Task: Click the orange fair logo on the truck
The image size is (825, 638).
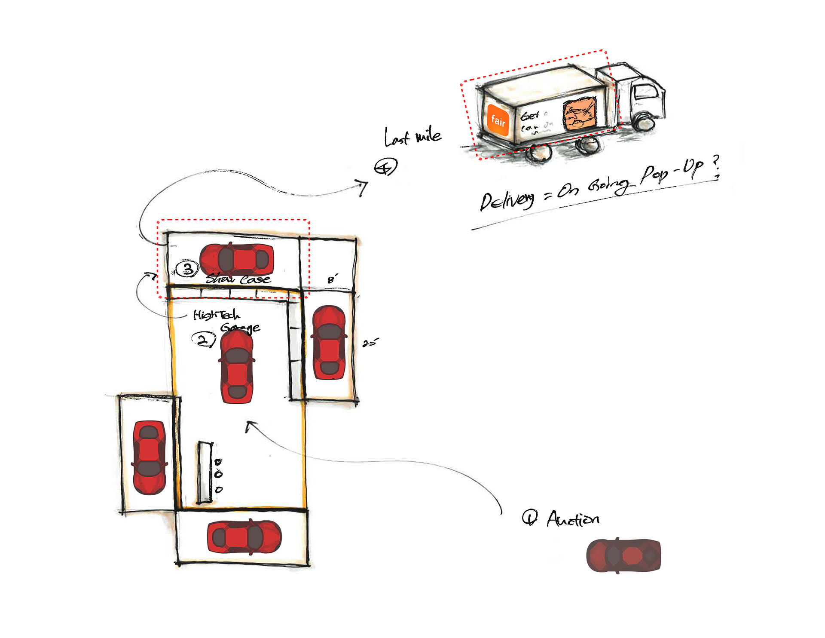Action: pyautogui.click(x=498, y=120)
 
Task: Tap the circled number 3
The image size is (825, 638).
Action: pyautogui.click(x=187, y=269)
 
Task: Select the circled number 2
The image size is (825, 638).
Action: pyautogui.click(x=203, y=340)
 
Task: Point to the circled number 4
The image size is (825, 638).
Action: pyautogui.click(x=385, y=166)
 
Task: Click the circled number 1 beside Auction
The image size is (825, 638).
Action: pyautogui.click(x=529, y=517)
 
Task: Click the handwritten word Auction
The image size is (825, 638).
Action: pyautogui.click(x=573, y=519)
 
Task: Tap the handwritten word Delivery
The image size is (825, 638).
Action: pyautogui.click(x=507, y=201)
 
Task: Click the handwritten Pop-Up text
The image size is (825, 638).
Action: pyautogui.click(x=672, y=171)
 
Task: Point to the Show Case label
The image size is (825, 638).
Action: pyautogui.click(x=238, y=279)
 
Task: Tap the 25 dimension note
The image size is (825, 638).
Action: pyautogui.click(x=370, y=343)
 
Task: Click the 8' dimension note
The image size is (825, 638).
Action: pyautogui.click(x=333, y=279)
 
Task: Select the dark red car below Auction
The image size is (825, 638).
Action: pyautogui.click(x=623, y=555)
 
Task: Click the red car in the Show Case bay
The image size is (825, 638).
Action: pyautogui.click(x=237, y=260)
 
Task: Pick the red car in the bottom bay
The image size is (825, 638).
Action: pyautogui.click(x=244, y=537)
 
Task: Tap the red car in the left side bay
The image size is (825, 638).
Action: pyautogui.click(x=149, y=457)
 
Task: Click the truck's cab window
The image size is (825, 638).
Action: pyautogui.click(x=645, y=91)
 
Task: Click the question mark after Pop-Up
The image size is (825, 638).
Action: pyautogui.click(x=716, y=166)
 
